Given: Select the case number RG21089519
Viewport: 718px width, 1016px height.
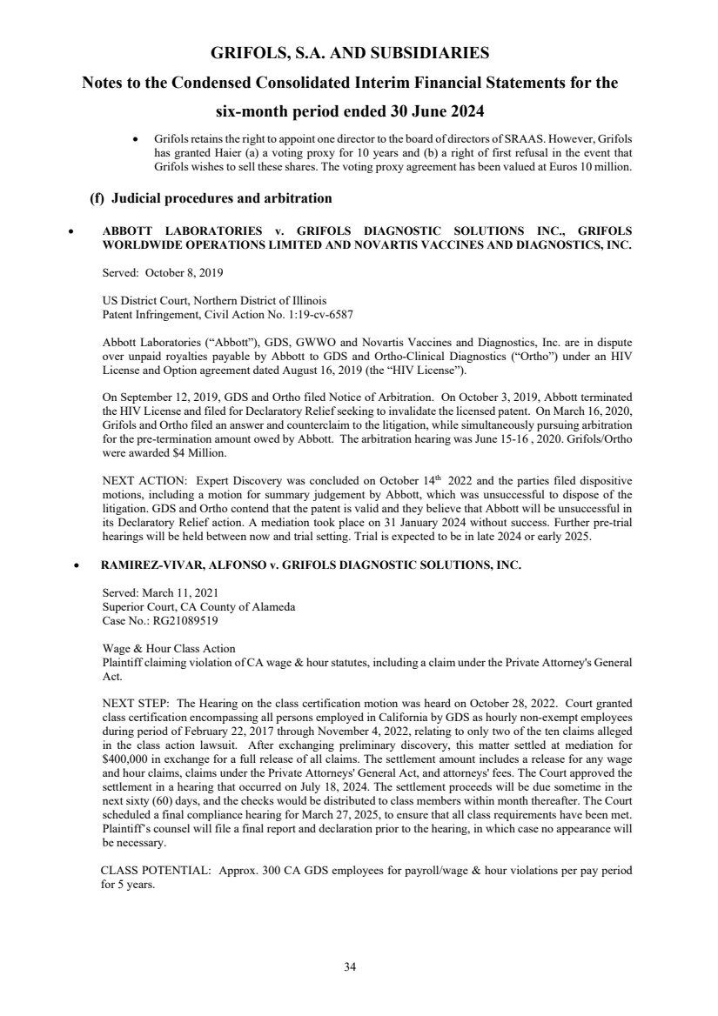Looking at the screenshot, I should pos(189,622).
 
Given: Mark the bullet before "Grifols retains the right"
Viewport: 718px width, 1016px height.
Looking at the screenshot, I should pos(134,140).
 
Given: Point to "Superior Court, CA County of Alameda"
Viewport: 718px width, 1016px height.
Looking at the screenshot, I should pos(198,608).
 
